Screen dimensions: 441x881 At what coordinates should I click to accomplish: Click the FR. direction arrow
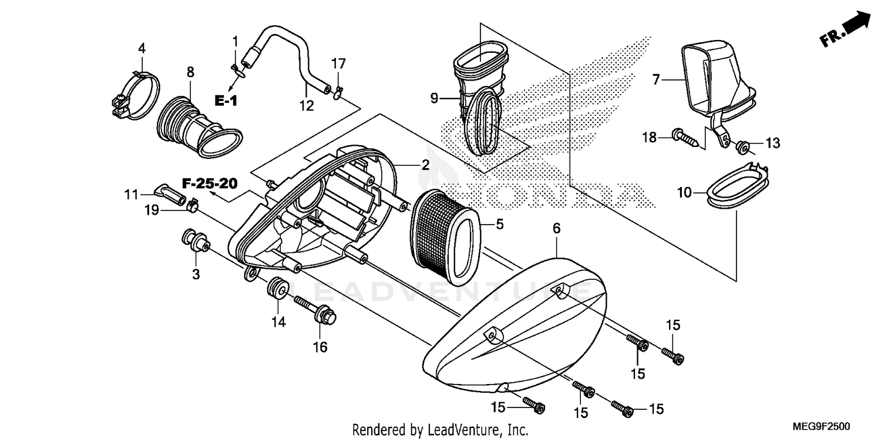coord(846,32)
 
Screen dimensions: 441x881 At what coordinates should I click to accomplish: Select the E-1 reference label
coord(226,102)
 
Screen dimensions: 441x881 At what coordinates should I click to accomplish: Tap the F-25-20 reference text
coord(209,184)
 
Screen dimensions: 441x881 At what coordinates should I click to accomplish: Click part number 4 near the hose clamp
coord(142,48)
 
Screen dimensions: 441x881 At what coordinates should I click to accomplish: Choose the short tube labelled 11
coord(166,192)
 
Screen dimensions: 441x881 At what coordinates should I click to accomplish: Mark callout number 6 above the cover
coord(557,228)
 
